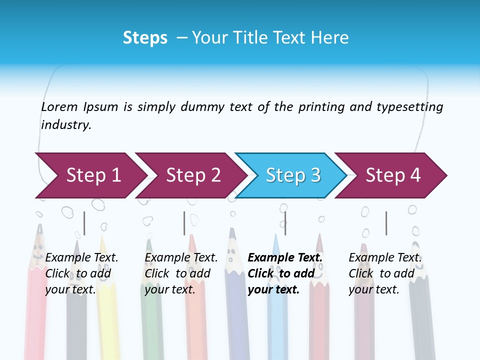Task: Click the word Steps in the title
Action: (x=145, y=38)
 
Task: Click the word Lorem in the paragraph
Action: (x=59, y=107)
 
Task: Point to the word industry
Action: (x=66, y=125)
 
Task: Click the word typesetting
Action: (x=409, y=107)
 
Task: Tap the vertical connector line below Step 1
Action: (x=84, y=223)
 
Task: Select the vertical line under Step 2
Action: (x=184, y=223)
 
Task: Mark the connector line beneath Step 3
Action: (x=285, y=223)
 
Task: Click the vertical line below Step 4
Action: (x=386, y=223)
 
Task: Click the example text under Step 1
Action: (x=81, y=273)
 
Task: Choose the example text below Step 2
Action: (x=181, y=273)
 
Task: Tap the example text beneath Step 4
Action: (x=385, y=273)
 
